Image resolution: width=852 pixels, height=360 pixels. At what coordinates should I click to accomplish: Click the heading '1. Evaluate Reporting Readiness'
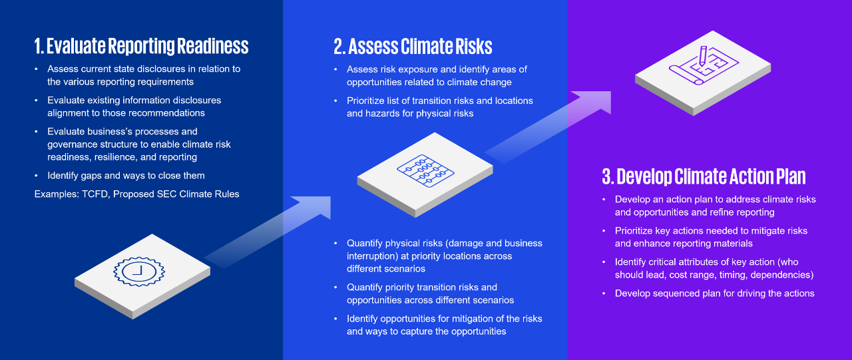[x=141, y=46]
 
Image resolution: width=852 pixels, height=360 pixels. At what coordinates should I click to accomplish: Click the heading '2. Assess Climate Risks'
[x=413, y=47]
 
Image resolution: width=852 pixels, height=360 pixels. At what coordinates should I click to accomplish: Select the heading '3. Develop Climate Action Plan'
[x=704, y=176]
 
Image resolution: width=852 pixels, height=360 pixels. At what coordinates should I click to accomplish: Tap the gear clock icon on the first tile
[x=139, y=271]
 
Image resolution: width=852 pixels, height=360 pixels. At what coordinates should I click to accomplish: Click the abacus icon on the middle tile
[x=425, y=171]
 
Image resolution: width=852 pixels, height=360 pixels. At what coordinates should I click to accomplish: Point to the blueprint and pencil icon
[x=704, y=65]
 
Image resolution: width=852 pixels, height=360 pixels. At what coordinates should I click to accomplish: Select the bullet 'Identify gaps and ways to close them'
[x=126, y=176]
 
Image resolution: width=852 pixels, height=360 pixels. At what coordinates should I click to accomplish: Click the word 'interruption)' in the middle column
[x=372, y=256]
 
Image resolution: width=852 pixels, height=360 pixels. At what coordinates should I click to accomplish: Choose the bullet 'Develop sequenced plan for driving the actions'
[x=715, y=293]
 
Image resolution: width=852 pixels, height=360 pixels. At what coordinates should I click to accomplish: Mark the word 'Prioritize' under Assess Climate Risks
[x=365, y=100]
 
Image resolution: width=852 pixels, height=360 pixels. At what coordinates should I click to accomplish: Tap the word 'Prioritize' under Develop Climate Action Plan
[x=634, y=231]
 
